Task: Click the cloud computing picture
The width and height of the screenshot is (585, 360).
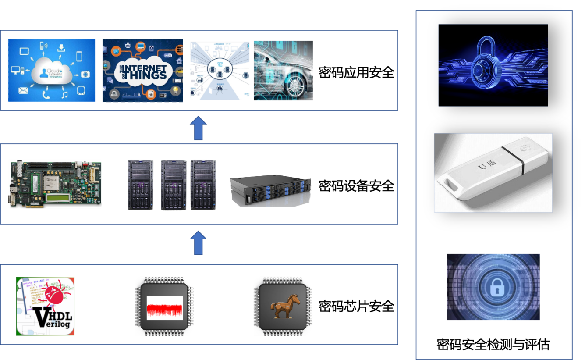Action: coord(52,71)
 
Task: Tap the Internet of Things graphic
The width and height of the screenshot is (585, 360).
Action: coord(142,71)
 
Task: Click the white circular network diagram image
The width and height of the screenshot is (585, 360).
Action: coord(220,70)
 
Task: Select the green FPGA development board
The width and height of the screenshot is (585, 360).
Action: coord(55,184)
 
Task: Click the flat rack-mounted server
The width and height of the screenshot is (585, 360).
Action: coord(270,189)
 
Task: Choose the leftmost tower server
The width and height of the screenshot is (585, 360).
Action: coord(141,185)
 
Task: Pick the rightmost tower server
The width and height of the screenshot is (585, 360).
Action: coord(204,185)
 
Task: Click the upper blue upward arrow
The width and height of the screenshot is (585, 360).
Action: coord(198,128)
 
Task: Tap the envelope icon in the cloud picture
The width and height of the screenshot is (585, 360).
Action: coord(23,91)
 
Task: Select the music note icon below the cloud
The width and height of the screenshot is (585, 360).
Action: coord(64,94)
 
